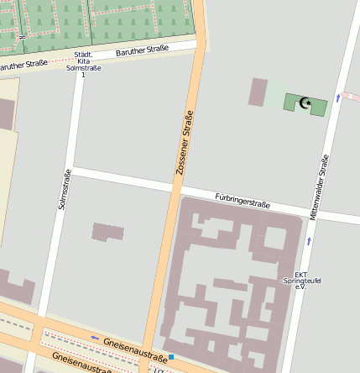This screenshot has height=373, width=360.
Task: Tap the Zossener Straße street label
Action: tap(184, 143)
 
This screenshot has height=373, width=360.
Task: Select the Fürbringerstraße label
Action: tap(243, 202)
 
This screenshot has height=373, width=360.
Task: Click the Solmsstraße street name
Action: tap(65, 189)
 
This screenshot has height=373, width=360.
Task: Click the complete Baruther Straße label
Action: tap(143, 51)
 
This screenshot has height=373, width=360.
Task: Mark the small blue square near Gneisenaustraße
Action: tap(171, 357)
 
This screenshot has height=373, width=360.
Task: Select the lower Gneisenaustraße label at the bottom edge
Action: tap(80, 363)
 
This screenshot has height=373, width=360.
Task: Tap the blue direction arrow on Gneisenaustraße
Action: tap(95, 338)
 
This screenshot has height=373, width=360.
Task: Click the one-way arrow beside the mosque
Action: tap(337, 98)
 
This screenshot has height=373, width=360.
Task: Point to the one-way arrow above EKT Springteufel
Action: tap(309, 241)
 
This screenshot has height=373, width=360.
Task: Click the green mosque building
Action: tap(306, 103)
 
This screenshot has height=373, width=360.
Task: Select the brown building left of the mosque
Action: tap(258, 92)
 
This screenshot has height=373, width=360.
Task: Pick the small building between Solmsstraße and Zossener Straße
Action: tap(107, 232)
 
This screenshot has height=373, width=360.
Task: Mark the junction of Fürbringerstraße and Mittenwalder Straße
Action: tap(316, 213)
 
